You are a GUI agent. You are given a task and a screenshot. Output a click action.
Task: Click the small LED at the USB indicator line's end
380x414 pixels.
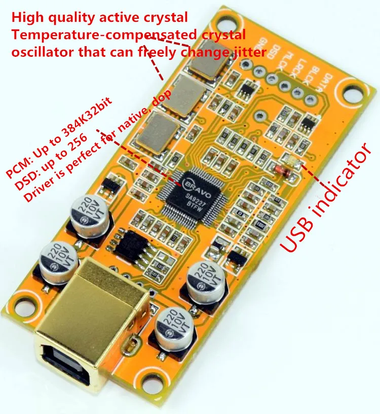pyautogui.click(x=294, y=162)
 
